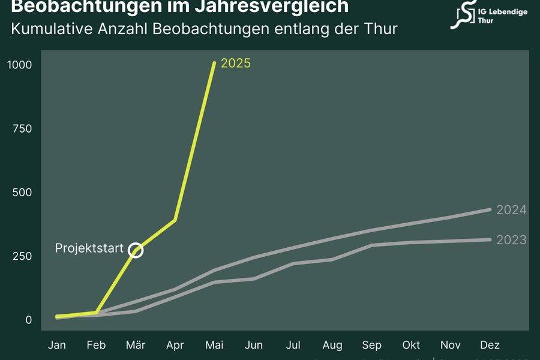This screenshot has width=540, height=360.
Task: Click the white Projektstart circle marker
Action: click(x=136, y=250)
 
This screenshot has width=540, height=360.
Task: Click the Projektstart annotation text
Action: click(x=89, y=248)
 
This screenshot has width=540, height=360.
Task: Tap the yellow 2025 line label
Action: click(x=236, y=64)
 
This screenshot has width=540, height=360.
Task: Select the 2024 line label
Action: click(x=511, y=210)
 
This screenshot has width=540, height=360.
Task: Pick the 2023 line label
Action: click(x=511, y=240)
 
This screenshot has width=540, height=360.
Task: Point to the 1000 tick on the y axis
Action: click(x=19, y=64)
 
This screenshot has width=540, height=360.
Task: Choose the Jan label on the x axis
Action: click(x=57, y=345)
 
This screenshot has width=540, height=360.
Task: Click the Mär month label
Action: click(x=136, y=345)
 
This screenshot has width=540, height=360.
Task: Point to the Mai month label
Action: click(x=214, y=345)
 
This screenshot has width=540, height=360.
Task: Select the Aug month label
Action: click(x=332, y=345)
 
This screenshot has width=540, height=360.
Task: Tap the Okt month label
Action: click(x=411, y=345)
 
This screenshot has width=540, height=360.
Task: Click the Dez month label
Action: click(x=490, y=345)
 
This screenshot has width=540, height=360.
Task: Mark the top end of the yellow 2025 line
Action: click(x=214, y=63)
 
